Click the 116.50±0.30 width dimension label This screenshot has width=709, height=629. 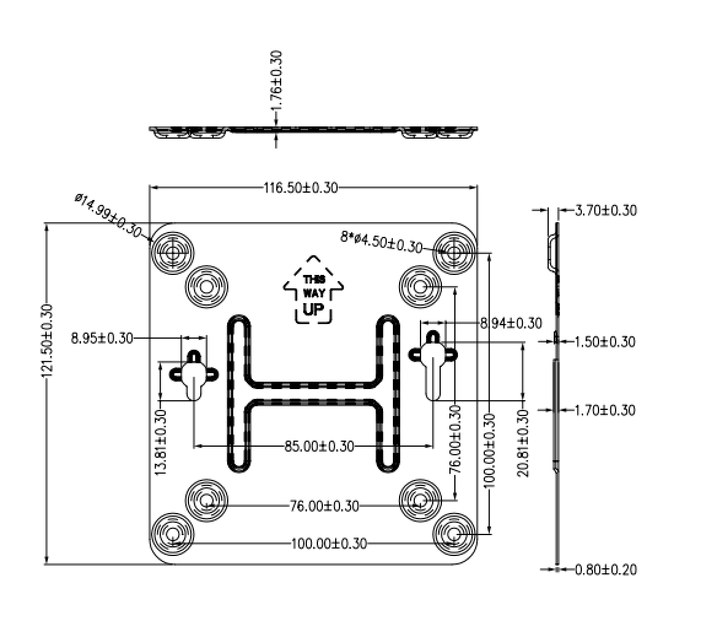pos(301,188)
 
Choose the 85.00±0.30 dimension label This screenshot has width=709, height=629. pos(319,447)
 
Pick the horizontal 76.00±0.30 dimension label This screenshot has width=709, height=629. pos(324,506)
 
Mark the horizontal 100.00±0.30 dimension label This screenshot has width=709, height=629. pos(329,543)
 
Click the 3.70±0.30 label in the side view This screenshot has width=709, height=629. pos(606,210)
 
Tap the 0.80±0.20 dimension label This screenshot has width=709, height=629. pos(606,569)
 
